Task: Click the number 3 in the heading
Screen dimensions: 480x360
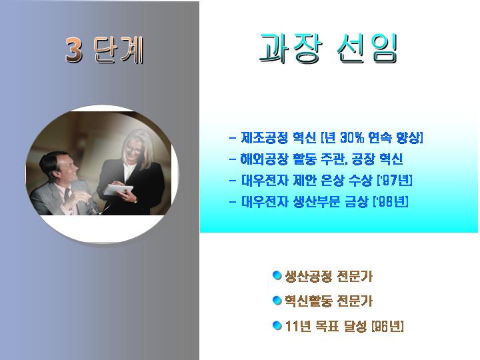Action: (x=74, y=50)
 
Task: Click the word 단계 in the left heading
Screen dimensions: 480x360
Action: (x=119, y=50)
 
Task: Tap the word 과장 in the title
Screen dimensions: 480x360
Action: (x=290, y=48)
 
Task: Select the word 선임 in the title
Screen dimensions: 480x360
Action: (x=367, y=49)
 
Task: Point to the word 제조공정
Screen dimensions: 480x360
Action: (x=264, y=138)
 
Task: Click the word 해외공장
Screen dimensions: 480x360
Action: (x=264, y=159)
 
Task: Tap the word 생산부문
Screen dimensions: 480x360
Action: (x=316, y=201)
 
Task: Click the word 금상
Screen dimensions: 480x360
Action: (x=356, y=201)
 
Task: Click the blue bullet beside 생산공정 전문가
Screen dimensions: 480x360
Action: (x=277, y=275)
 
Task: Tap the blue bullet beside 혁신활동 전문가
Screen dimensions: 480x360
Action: (x=277, y=300)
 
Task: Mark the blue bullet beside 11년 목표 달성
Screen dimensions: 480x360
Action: (x=277, y=325)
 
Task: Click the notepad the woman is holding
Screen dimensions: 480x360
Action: (x=118, y=189)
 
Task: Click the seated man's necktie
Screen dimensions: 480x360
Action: (x=67, y=195)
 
